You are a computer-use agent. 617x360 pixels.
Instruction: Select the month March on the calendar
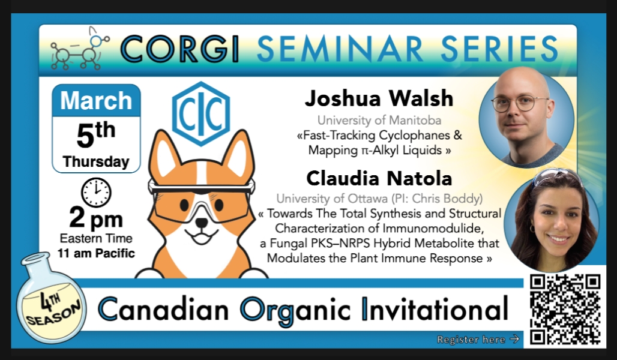96,100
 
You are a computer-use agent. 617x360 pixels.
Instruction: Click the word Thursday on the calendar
96,162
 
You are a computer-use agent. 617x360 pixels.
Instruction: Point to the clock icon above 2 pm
96,193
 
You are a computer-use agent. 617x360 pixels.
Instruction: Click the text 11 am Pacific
96,253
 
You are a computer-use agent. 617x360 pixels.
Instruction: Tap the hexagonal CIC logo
201,113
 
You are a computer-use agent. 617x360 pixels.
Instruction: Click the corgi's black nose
202,223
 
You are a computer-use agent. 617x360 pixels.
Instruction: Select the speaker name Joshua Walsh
379,98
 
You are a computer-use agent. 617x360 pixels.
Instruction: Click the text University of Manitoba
379,120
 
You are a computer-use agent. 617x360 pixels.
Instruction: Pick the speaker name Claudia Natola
379,178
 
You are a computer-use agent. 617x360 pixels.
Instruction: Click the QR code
565,310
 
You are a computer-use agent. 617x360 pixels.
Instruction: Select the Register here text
471,340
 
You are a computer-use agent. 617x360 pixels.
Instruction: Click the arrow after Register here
514,339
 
